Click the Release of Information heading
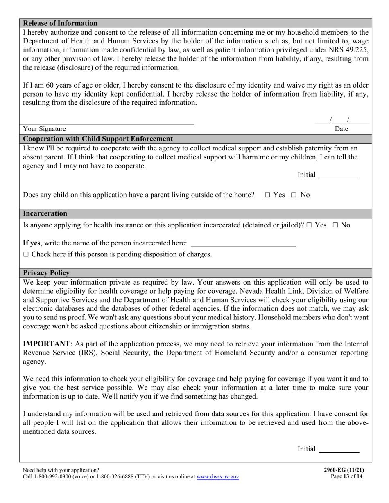(x=60, y=23)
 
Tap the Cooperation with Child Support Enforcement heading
(x=98, y=139)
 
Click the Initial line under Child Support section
(x=339, y=176)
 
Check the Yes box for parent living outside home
(x=267, y=195)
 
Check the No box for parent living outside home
(x=294, y=195)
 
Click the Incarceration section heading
(x=45, y=213)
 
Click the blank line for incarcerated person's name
(x=243, y=244)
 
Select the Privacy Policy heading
(x=46, y=273)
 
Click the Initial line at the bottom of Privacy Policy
(x=339, y=450)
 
